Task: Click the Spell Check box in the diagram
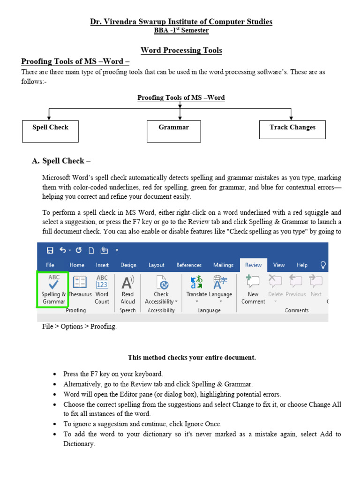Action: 50,131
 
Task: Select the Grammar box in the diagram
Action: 174,131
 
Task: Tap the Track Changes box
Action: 292,129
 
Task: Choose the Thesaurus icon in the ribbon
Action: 80,282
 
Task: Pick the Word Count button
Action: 102,289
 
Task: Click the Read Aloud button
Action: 127,289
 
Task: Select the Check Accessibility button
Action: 161,289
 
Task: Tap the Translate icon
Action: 196,282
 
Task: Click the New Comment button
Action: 253,289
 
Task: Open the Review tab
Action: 254,265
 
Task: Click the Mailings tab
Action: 223,265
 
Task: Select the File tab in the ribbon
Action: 50,265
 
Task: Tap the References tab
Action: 189,265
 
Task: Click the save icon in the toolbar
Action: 50,250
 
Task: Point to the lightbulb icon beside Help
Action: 323,265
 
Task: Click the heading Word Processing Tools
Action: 181,50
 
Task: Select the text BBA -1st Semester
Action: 181,30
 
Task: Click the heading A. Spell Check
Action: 61,161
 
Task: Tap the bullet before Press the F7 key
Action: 54,374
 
